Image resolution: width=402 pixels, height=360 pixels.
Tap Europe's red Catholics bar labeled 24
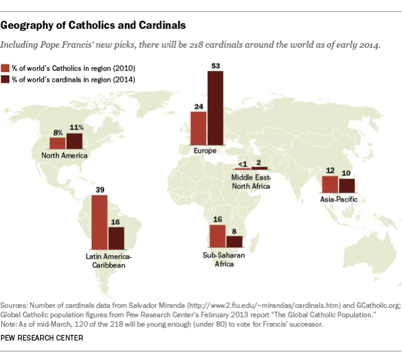point(198,129)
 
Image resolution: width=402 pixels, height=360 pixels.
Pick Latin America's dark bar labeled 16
point(116,239)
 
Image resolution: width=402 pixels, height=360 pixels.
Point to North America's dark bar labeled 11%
point(75,141)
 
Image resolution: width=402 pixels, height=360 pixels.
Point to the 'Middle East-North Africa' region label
point(251,183)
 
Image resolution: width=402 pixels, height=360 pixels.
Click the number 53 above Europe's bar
point(215,65)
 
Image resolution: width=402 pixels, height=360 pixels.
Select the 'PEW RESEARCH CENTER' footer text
point(43,338)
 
